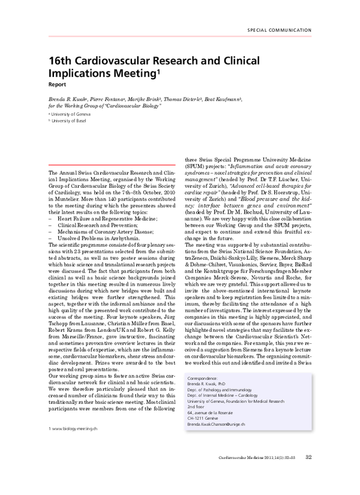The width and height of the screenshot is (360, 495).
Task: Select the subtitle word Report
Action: coord(58,85)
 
